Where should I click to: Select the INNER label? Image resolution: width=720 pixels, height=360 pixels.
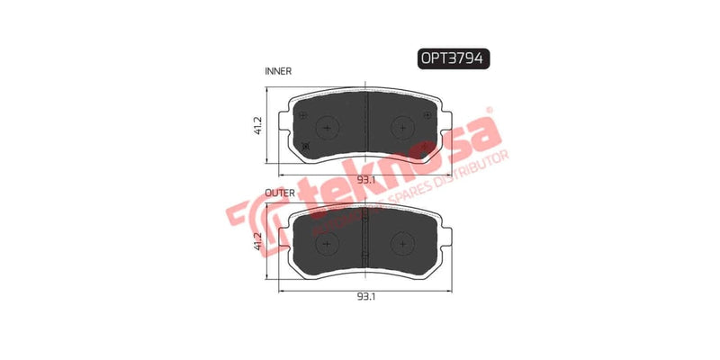tap(277, 69)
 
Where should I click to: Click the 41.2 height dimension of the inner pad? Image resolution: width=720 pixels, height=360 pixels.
tap(258, 127)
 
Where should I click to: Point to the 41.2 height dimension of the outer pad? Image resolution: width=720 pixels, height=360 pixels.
tap(258, 239)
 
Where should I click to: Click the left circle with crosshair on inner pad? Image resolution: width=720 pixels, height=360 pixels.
tap(327, 127)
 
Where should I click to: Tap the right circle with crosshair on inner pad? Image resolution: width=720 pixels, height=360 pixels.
tap(400, 127)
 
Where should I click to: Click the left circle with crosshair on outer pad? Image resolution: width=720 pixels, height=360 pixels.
tap(327, 240)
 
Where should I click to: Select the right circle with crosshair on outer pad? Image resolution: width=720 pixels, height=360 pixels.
tap(400, 240)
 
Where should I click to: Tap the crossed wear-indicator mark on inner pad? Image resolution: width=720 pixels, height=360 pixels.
tap(306, 147)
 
